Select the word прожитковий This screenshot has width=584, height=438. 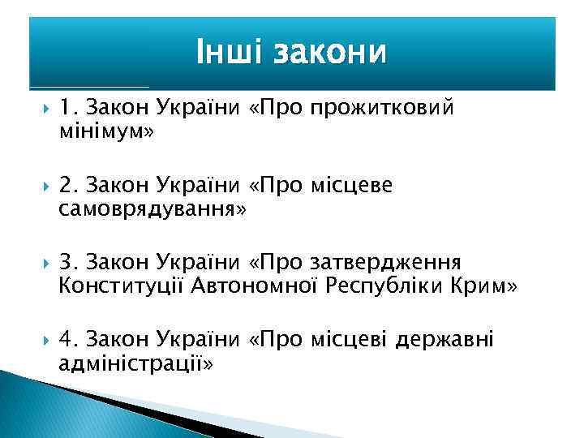(x=387, y=108)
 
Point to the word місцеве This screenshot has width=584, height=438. (x=352, y=186)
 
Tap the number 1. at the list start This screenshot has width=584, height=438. (x=68, y=108)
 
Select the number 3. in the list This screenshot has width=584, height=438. (x=68, y=263)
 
